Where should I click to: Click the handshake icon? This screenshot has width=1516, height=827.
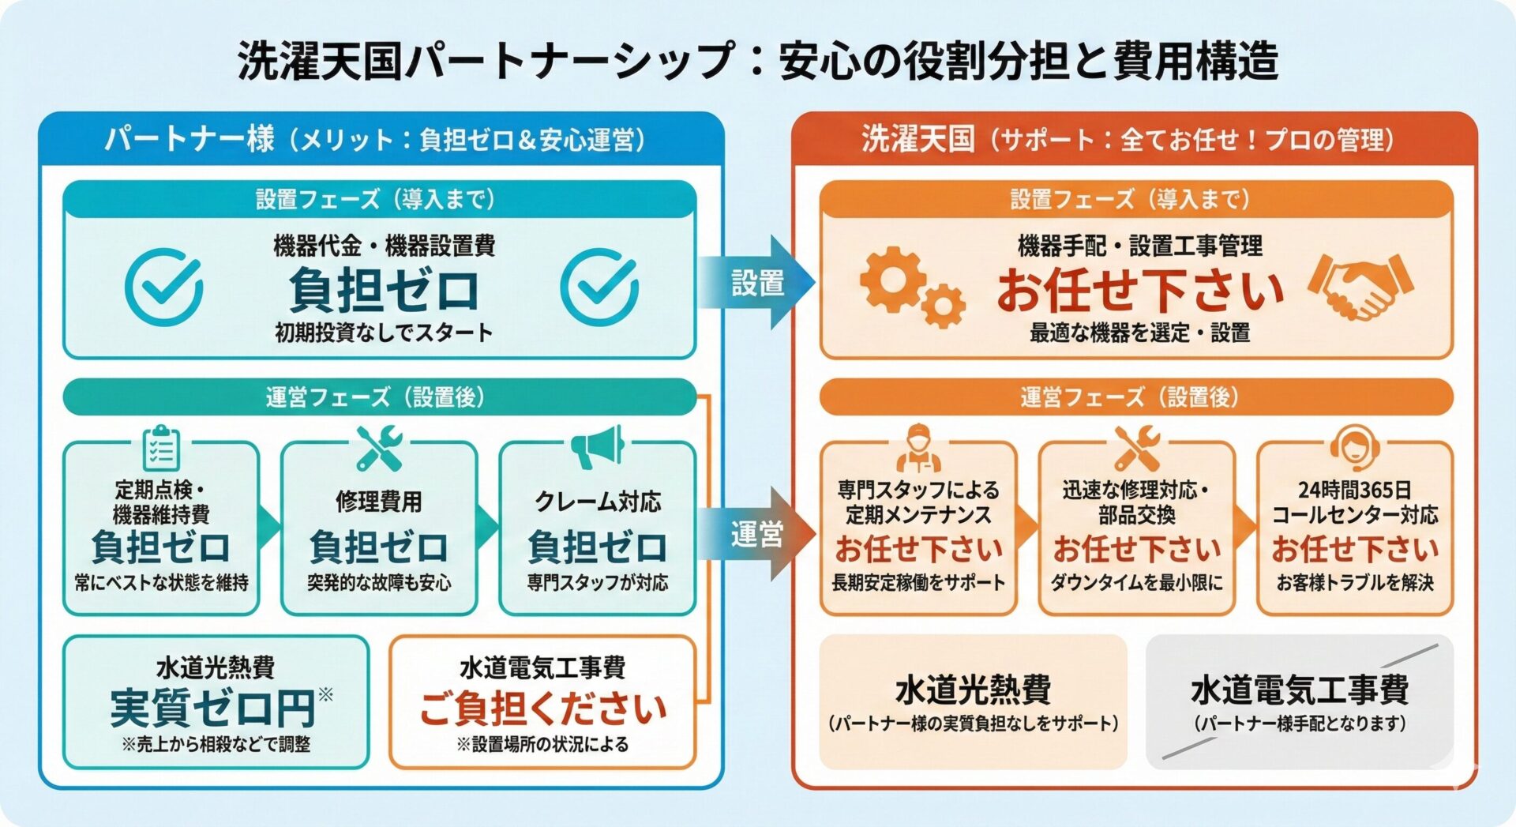pos(1360,286)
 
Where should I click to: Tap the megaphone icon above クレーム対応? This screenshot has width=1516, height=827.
pos(598,447)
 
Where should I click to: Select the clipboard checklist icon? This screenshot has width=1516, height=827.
pos(161,448)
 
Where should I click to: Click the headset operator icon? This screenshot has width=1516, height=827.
pos(1354,448)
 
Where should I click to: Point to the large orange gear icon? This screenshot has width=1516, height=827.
pos(893,279)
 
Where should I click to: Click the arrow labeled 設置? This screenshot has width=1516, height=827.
pos(756,283)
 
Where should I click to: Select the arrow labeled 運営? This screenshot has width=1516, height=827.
pos(756,535)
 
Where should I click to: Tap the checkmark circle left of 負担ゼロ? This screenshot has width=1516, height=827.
pos(164,287)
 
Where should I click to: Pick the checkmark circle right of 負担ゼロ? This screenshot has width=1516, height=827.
pos(599,287)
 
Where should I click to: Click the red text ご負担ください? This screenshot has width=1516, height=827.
pos(542,708)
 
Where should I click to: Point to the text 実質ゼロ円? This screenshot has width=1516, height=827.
pos(213,708)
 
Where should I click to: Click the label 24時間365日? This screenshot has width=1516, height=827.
pos(1354,490)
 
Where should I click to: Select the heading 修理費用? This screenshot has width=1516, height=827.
pos(379,501)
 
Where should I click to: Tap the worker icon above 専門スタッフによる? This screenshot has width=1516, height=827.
pos(917,448)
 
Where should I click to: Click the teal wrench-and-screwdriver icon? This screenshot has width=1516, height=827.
pos(379,448)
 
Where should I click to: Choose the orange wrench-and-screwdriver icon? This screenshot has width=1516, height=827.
pos(1136,448)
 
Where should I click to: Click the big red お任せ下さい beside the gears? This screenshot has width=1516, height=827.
pos(1140,290)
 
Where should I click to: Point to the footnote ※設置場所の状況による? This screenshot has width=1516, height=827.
pos(542,744)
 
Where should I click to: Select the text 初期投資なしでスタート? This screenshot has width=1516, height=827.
pos(384,332)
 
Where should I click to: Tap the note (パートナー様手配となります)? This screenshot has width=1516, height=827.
pos(1300,723)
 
